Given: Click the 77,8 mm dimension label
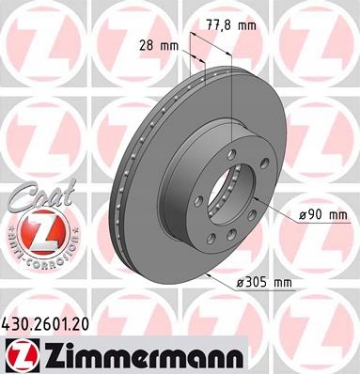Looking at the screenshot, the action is click(x=231, y=25).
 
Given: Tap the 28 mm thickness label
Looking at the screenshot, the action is click(x=159, y=46).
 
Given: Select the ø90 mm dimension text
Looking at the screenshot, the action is click(x=323, y=215).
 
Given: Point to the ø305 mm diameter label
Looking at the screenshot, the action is click(x=264, y=283).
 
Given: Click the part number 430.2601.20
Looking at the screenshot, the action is click(x=46, y=324).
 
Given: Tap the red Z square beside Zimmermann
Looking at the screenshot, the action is click(x=21, y=355).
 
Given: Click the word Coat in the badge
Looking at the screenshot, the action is click(x=40, y=196).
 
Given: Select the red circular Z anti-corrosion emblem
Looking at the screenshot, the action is click(x=41, y=232).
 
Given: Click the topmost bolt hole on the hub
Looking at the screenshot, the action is click(x=232, y=153).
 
